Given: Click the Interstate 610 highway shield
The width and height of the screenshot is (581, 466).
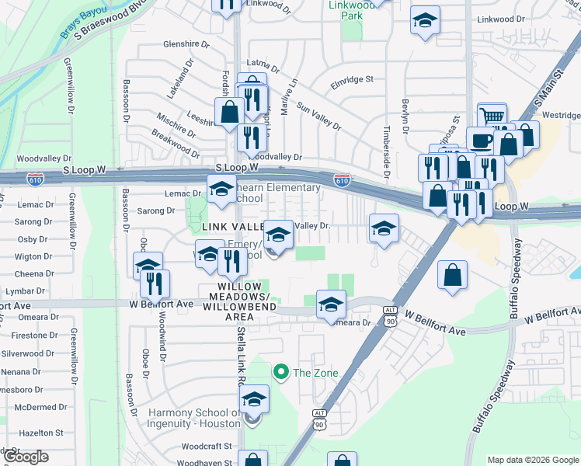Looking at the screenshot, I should pyautogui.click(x=342, y=180).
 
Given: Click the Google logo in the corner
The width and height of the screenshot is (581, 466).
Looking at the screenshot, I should pyautogui.click(x=26, y=456).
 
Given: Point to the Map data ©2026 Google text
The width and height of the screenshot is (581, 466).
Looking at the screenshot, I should pyautogui.click(x=533, y=460).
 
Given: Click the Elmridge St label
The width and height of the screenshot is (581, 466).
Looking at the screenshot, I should pyautogui.click(x=352, y=79).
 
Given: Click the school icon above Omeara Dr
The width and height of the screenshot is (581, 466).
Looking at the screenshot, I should pyautogui.click(x=331, y=304).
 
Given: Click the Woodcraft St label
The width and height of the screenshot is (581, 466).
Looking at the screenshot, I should pyautogui.click(x=207, y=446).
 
